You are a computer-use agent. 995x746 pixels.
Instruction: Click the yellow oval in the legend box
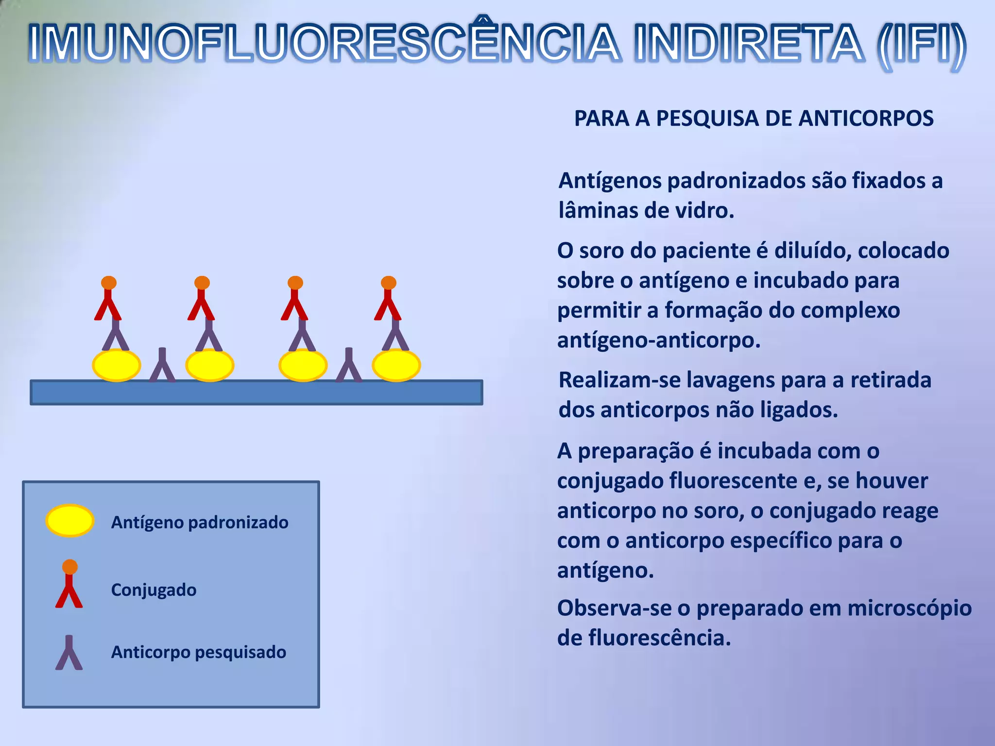pos(70,521)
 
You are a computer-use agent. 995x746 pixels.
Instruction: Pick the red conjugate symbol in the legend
pos(69,585)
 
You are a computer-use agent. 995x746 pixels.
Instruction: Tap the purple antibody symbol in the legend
pos(69,653)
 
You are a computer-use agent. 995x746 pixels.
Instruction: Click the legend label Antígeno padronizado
pos(200,523)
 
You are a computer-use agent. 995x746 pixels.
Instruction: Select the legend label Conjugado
pos(154,590)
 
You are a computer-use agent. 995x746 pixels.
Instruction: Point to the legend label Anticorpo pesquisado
pos(199,652)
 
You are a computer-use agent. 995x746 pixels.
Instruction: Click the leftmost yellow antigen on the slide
pos(117,365)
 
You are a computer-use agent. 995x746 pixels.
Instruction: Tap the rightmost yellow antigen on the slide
pos(396,365)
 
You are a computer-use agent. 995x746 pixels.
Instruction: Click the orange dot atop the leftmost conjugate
pos(109,283)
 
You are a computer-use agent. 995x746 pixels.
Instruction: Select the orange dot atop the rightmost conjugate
pos(389,283)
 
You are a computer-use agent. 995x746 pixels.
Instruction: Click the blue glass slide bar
pos(257,392)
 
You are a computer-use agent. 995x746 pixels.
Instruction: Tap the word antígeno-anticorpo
pos(659,340)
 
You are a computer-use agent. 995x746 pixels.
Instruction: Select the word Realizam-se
pos(619,380)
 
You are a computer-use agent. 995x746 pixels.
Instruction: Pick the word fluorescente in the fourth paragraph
pos(733,481)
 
